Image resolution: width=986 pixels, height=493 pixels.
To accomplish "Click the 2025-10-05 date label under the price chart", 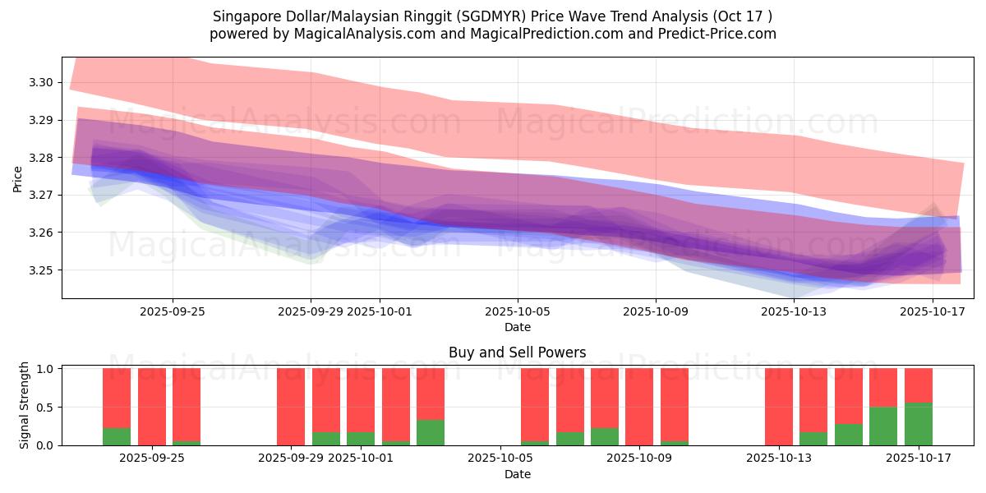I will coord(518,311).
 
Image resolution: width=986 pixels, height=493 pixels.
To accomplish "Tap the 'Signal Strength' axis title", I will coord(25,405).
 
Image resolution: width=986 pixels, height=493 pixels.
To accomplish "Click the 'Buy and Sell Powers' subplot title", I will coord(517,352).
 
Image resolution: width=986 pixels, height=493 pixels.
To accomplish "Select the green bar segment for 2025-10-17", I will coord(918,424).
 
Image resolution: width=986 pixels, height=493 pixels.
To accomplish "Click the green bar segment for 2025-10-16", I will coord(883,426).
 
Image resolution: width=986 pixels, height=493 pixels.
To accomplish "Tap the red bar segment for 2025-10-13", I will coord(779,406).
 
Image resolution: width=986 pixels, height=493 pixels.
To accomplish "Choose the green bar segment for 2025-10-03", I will coord(431,432).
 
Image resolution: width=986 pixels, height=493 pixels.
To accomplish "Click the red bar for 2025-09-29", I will coord(291,406).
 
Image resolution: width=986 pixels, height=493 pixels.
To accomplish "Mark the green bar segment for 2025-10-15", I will coord(849,435).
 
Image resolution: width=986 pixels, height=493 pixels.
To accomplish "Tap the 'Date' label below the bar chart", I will coord(517,474).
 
